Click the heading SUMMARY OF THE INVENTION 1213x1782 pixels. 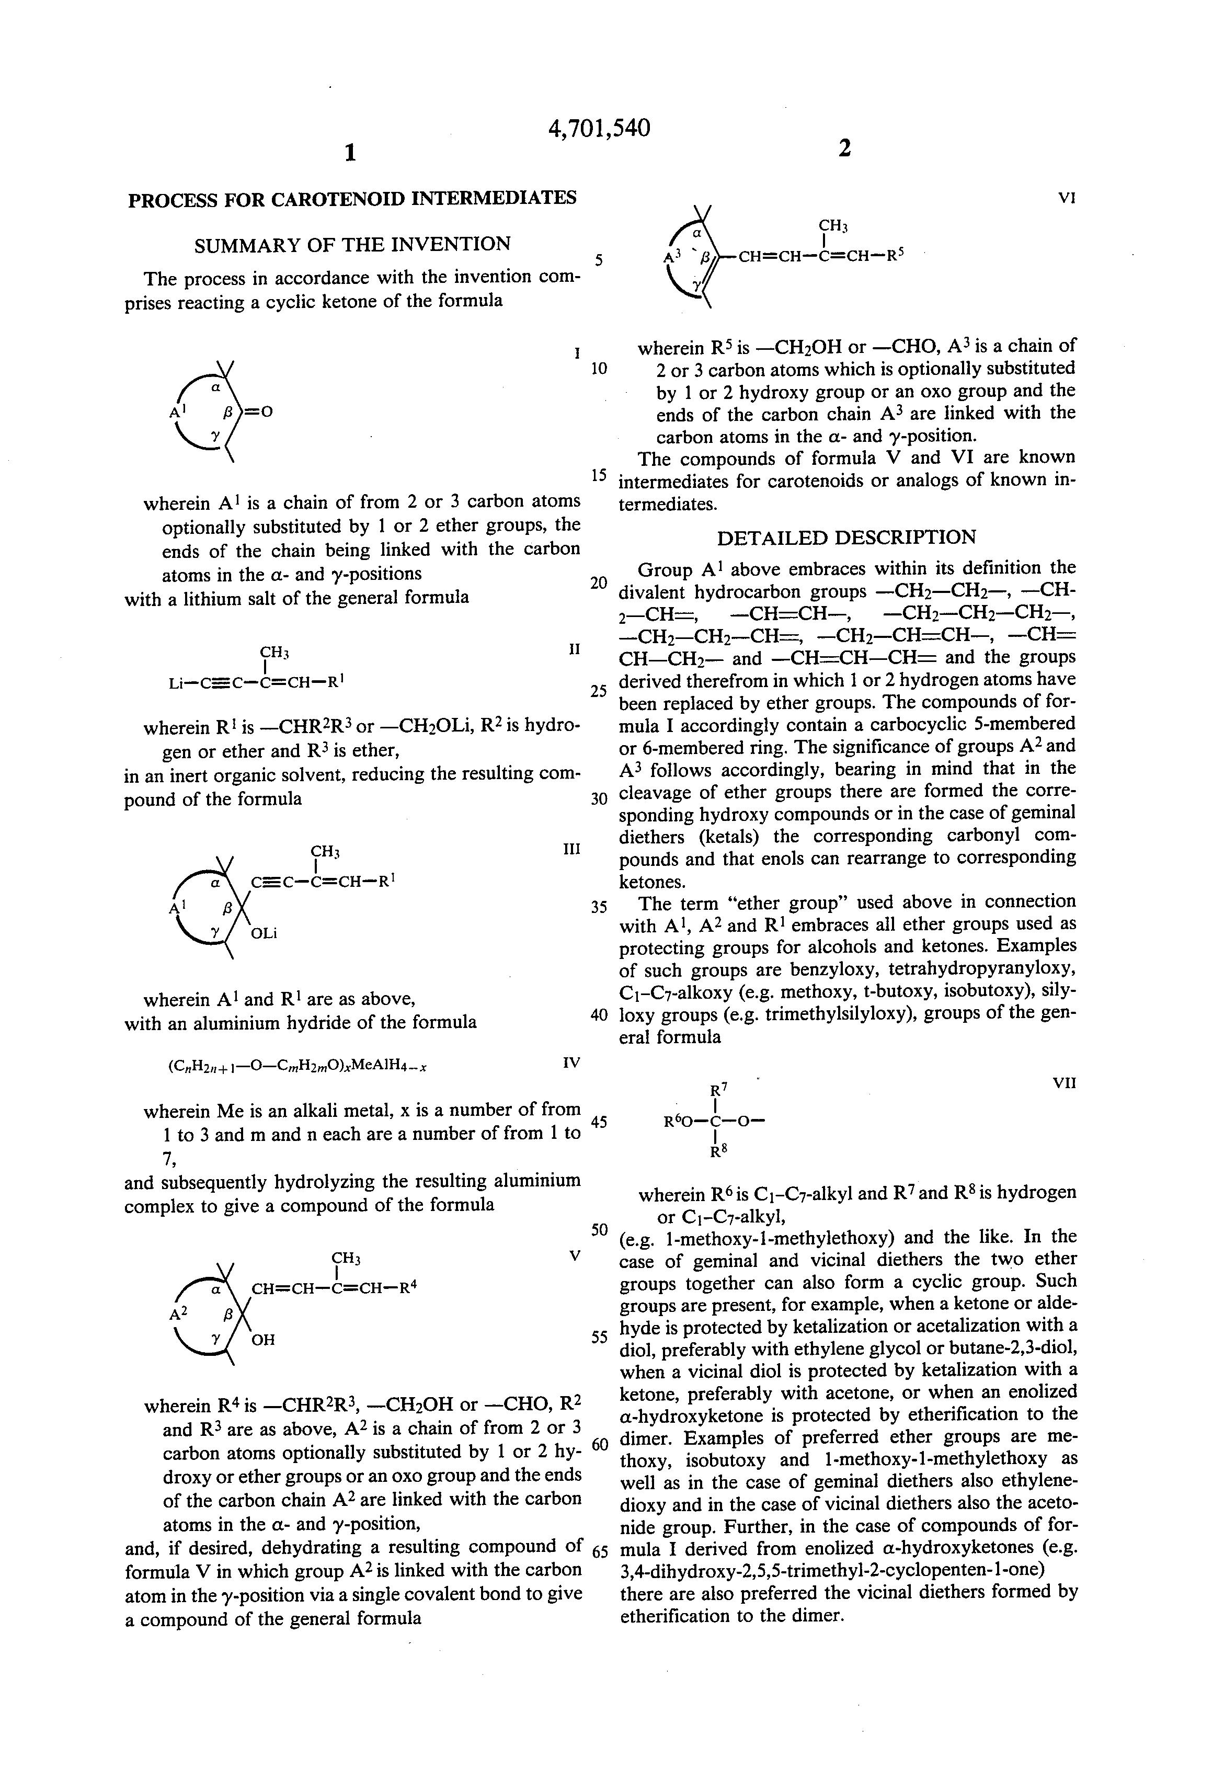tap(352, 245)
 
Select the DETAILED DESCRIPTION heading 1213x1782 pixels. tap(846, 537)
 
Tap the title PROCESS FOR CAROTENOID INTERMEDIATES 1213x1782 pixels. tap(352, 199)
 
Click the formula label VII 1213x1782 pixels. tap(1065, 1083)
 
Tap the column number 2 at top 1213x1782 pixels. tap(844, 148)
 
